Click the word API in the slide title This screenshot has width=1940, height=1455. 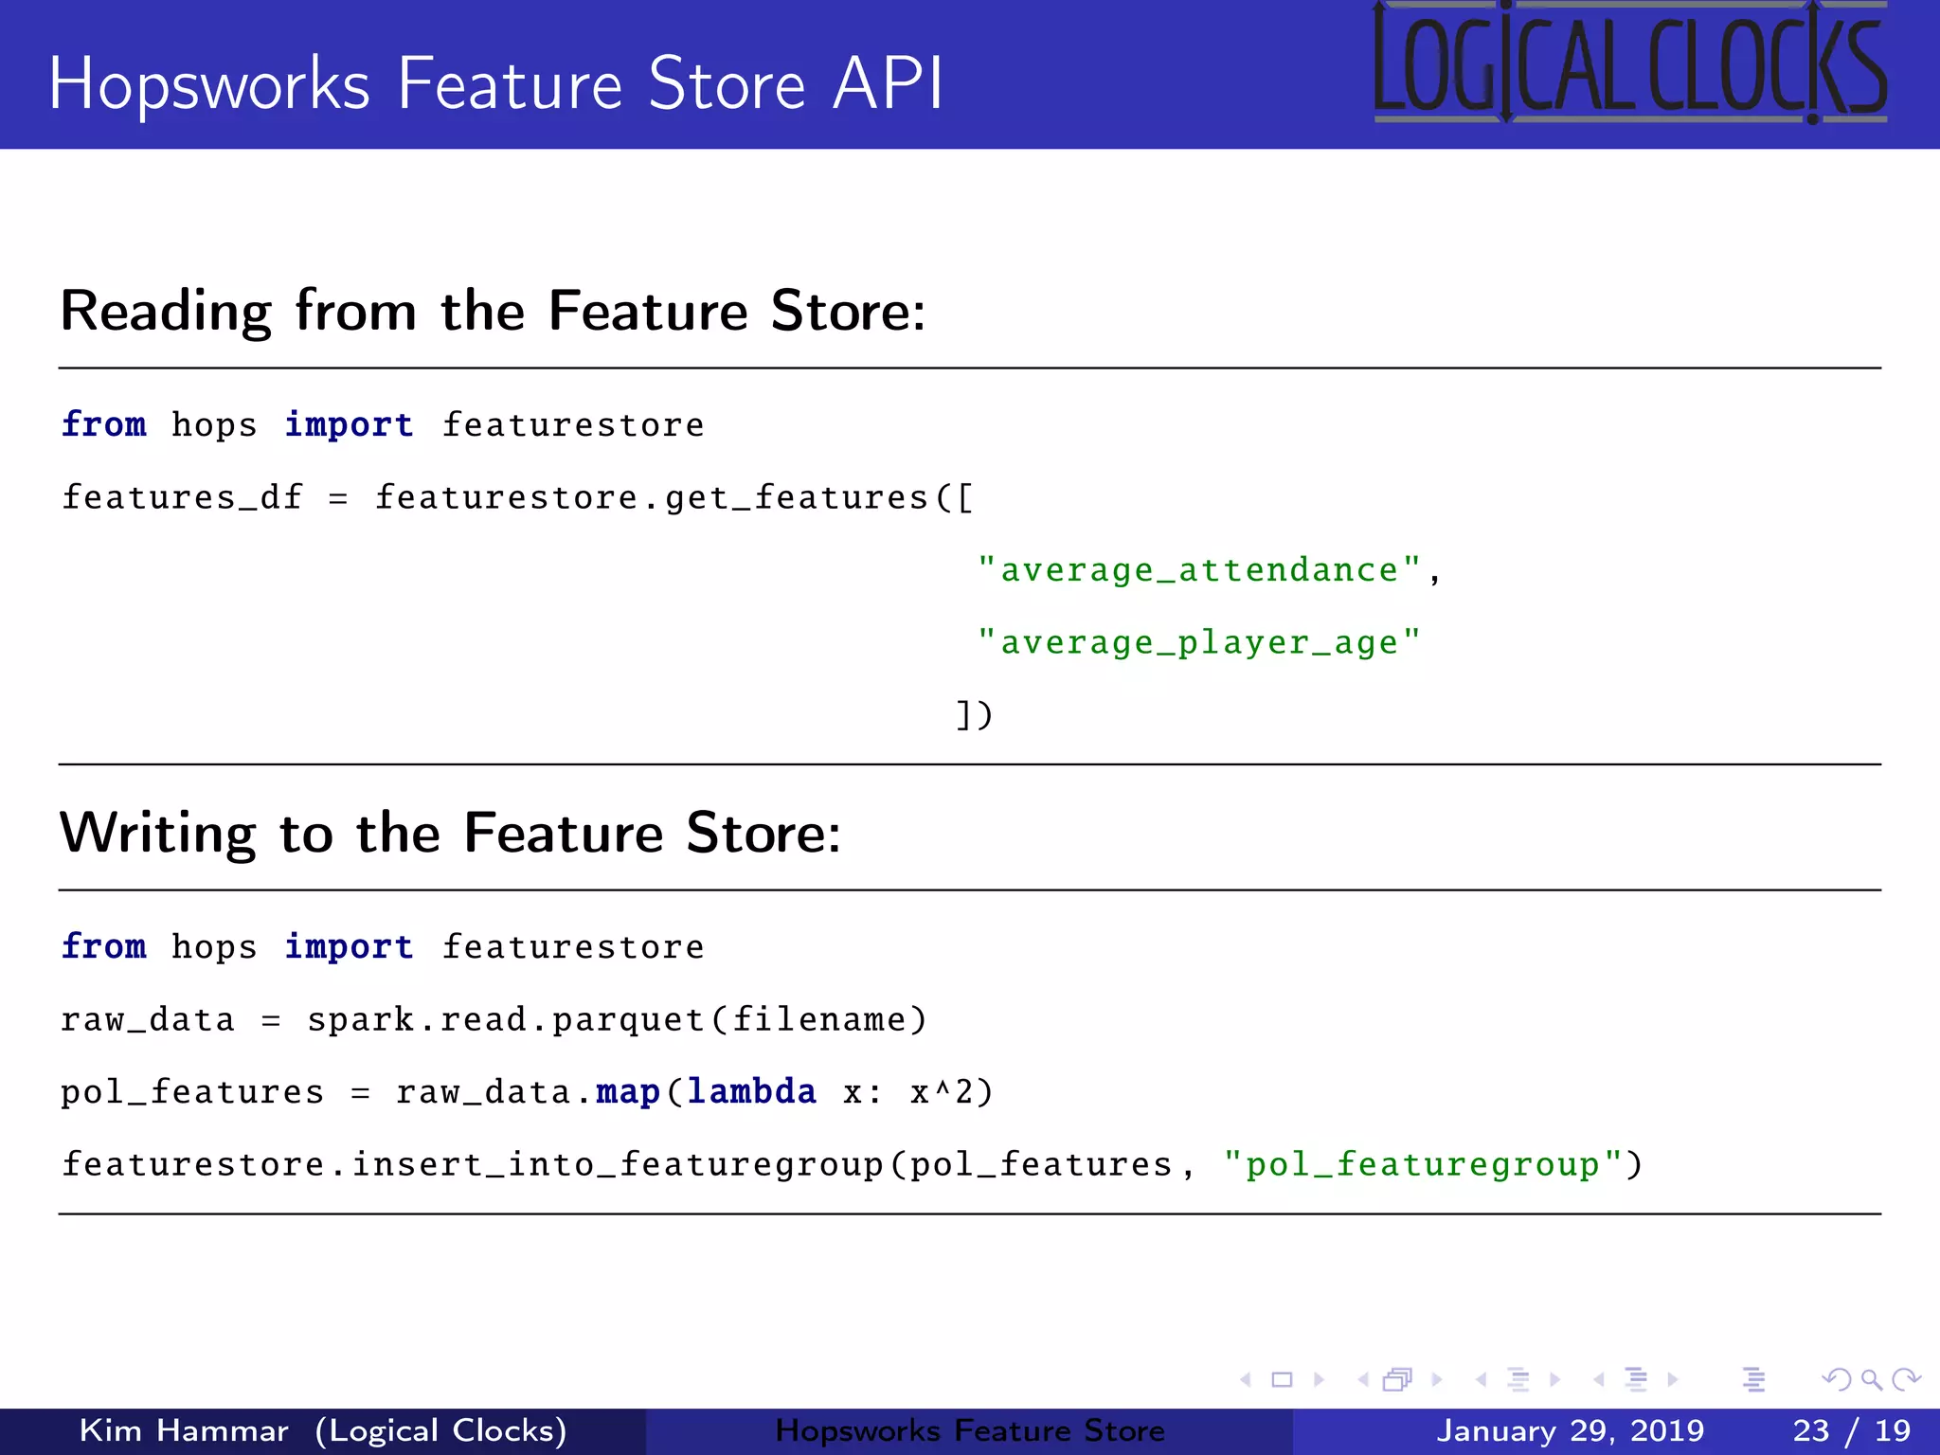coord(887,83)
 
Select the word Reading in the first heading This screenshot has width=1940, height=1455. coord(166,312)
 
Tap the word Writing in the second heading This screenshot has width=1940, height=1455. coord(157,834)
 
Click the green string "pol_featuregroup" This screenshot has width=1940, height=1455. coord(1423,1165)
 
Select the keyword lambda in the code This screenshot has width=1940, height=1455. coord(751,1092)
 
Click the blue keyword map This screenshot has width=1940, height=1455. coord(627,1092)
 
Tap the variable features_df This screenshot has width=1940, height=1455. coord(182,497)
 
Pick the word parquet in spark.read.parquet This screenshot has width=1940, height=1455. coord(628,1020)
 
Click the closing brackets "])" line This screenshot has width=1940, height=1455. coord(974,715)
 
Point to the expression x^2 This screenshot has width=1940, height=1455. coord(943,1092)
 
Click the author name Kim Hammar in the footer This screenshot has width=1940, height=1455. coord(184,1430)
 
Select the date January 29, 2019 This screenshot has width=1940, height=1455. coord(1570,1430)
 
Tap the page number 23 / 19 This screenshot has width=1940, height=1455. coord(1851,1430)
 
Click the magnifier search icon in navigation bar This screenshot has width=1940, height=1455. coord(1871,1380)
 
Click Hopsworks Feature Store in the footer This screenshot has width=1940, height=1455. coord(970,1430)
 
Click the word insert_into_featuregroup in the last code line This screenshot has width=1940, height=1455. coord(618,1165)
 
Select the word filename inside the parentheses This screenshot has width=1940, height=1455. coord(819,1020)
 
